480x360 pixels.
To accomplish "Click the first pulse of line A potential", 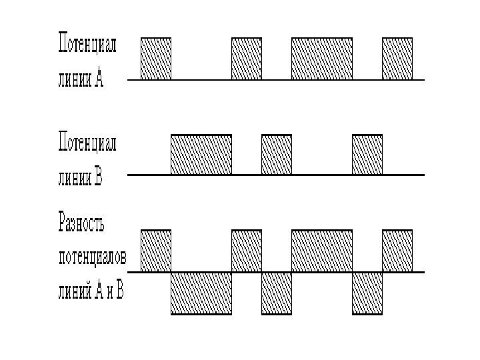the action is [x=155, y=59].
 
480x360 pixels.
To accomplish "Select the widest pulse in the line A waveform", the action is [x=322, y=59].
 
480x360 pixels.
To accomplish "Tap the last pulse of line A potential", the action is [x=397, y=59].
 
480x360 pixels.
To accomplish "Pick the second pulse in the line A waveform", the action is [x=247, y=59].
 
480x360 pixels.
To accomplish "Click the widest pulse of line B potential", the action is [x=201, y=155].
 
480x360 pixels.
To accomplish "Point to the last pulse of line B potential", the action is [x=367, y=155].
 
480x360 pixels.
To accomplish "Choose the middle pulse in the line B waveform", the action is [x=277, y=155].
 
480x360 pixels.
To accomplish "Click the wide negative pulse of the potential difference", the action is [x=201, y=293].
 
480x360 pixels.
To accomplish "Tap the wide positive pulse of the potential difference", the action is [x=322, y=251].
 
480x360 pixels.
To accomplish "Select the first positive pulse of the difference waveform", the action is [x=155, y=251].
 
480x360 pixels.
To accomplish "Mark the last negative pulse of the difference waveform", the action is [x=367, y=293].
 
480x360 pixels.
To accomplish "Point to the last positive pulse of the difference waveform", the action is [x=397, y=251].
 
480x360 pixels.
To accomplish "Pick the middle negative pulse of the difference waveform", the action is [x=277, y=293].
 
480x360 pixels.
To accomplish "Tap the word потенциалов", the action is [x=91, y=257].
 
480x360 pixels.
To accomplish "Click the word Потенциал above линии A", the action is [x=87, y=46].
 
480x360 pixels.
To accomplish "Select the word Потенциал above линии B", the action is [x=87, y=143].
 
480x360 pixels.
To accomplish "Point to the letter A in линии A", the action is [x=99, y=80].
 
